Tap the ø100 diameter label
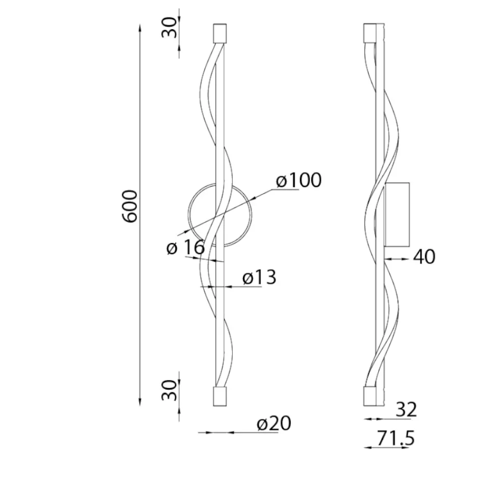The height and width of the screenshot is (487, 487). [299, 181]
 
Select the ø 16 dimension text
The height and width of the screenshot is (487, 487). [186, 247]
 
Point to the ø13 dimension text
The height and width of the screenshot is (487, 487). [260, 278]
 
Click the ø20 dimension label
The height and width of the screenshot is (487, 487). [274, 423]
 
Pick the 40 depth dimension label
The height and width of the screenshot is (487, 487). [424, 257]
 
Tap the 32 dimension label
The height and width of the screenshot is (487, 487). [406, 410]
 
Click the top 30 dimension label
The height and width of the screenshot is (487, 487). [169, 27]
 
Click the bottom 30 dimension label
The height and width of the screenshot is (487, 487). [169, 390]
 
